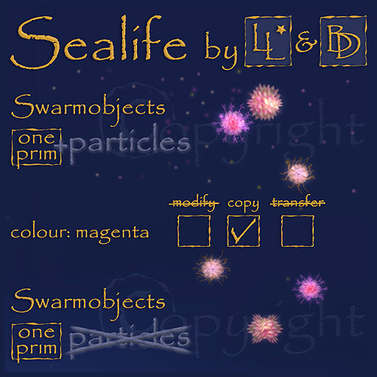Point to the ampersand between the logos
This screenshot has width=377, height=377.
point(303,46)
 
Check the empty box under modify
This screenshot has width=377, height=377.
point(193,233)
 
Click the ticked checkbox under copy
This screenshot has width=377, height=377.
point(244,233)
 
